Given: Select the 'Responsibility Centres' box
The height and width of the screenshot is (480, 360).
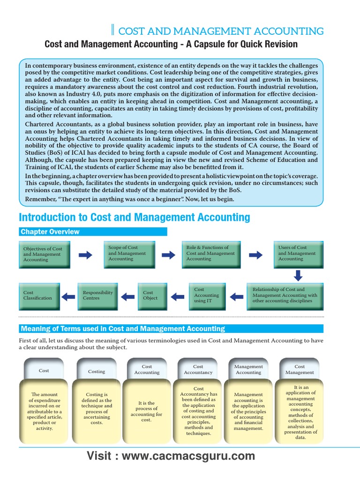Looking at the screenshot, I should point(97,296).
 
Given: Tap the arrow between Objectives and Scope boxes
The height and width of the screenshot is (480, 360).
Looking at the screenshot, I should point(85,255).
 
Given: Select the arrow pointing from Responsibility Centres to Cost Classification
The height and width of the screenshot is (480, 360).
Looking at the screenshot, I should point(68,296).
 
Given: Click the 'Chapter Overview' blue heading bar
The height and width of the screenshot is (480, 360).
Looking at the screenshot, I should point(93,232).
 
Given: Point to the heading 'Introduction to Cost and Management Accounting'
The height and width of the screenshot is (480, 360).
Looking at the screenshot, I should point(134,217).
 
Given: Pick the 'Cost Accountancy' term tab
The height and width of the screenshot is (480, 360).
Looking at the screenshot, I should point(198,369).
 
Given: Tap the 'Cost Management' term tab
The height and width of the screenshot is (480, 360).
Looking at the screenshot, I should point(300,369).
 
